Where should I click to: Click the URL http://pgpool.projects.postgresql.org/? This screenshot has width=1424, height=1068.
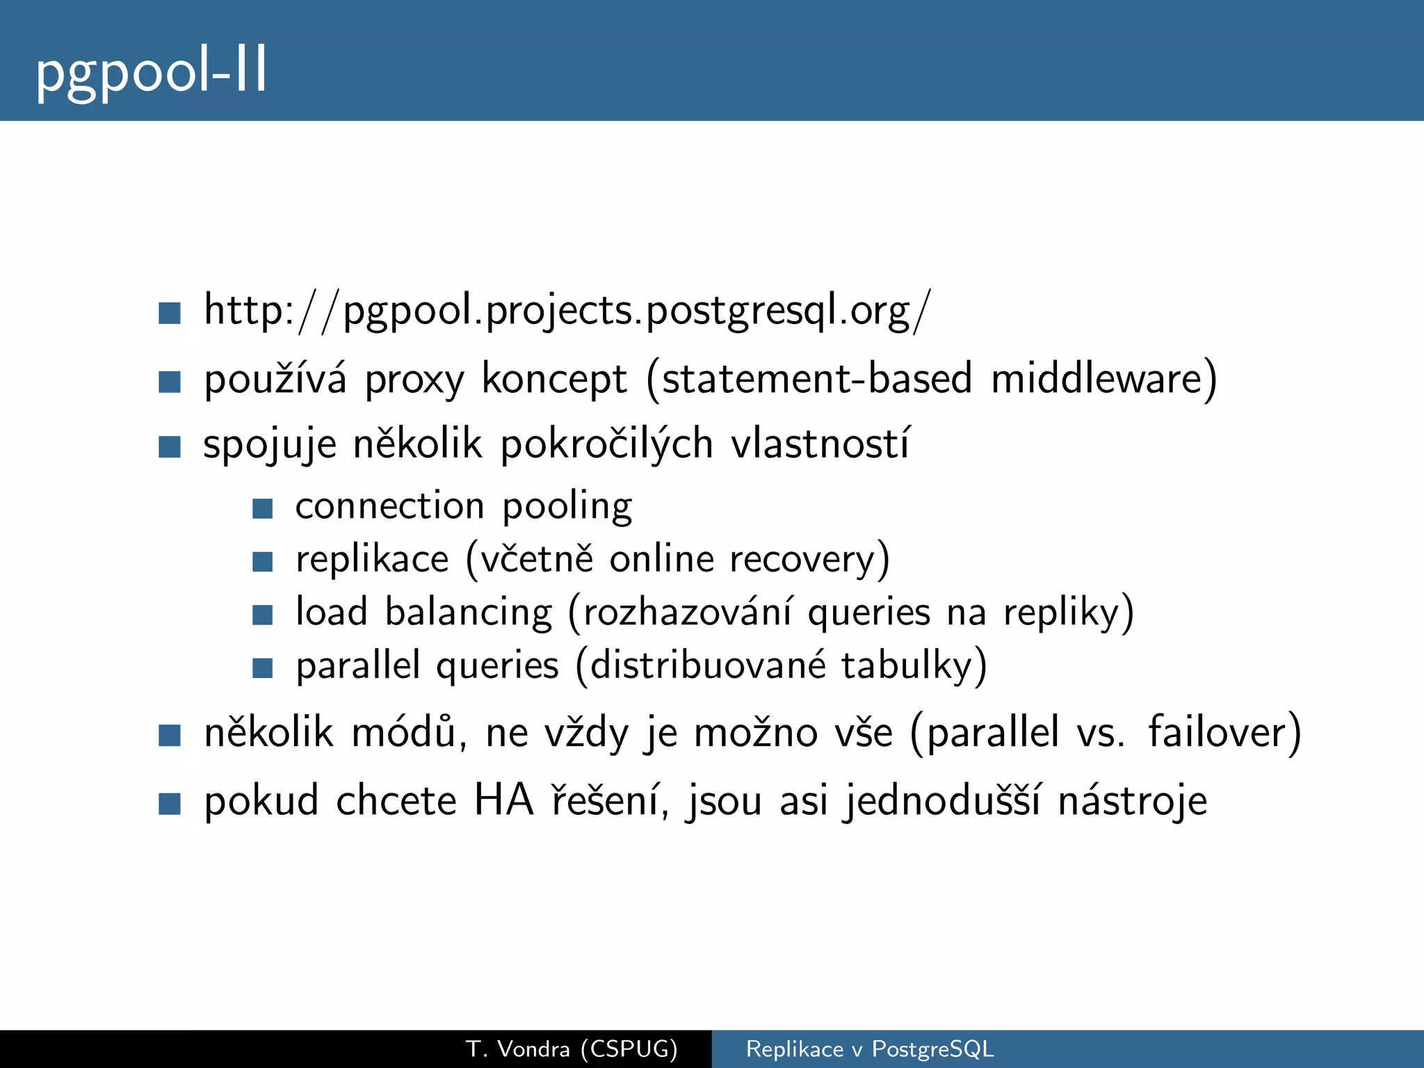pyautogui.click(x=566, y=311)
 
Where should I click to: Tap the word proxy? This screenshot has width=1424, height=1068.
pyautogui.click(x=414, y=380)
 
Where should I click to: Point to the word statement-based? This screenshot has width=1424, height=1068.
pyautogui.click(x=816, y=380)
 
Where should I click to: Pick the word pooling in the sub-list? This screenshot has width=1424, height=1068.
pyautogui.click(x=567, y=507)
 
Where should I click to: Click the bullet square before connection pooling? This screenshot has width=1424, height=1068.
pyautogui.click(x=262, y=508)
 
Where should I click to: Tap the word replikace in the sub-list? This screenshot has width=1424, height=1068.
pyautogui.click(x=372, y=560)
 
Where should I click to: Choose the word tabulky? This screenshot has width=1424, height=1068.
pyautogui.click(x=906, y=666)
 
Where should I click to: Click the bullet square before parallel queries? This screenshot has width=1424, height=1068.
pyautogui.click(x=262, y=668)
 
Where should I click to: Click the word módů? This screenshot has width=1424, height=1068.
pyautogui.click(x=404, y=732)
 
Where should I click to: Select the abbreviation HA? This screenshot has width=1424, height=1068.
pyautogui.click(x=503, y=800)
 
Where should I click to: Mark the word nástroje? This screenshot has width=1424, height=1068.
pyautogui.click(x=1132, y=801)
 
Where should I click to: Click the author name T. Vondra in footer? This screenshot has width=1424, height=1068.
pyautogui.click(x=518, y=1049)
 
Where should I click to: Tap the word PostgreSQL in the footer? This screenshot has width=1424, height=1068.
pyautogui.click(x=932, y=1049)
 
